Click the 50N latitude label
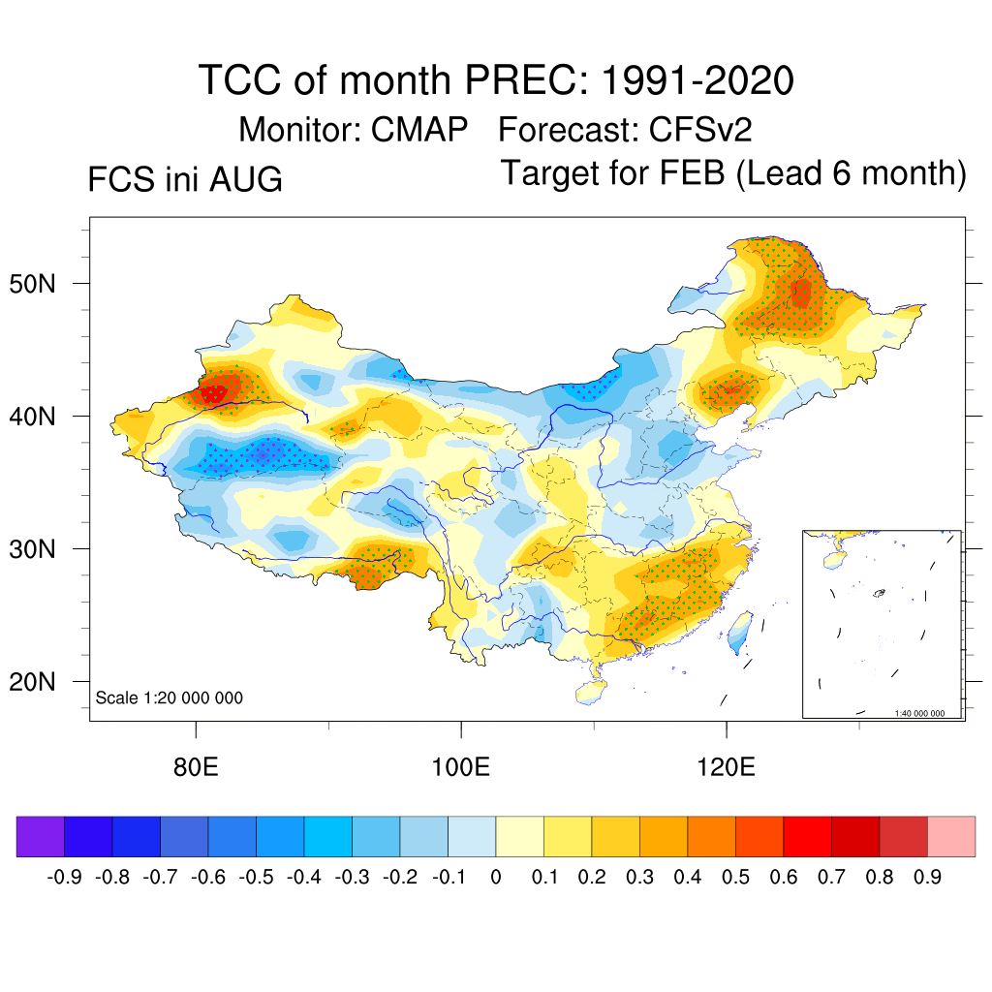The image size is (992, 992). (x=32, y=284)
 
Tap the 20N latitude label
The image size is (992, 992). (x=32, y=682)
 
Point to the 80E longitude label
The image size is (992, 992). (x=196, y=767)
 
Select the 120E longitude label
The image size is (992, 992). (x=727, y=767)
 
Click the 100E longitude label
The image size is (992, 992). (x=460, y=767)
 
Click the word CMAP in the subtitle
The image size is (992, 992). (x=418, y=130)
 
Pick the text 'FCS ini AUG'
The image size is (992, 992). (x=185, y=179)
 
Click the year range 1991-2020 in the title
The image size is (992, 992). (x=697, y=80)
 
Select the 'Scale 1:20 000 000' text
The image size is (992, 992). (x=169, y=697)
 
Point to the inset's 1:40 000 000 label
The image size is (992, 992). (x=920, y=713)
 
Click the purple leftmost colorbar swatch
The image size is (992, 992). (x=41, y=836)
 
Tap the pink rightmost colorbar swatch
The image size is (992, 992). (x=951, y=836)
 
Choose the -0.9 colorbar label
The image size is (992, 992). (x=65, y=878)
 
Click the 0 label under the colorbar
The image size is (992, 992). (x=496, y=878)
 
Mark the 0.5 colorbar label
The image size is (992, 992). (x=736, y=878)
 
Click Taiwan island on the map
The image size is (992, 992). (x=739, y=632)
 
